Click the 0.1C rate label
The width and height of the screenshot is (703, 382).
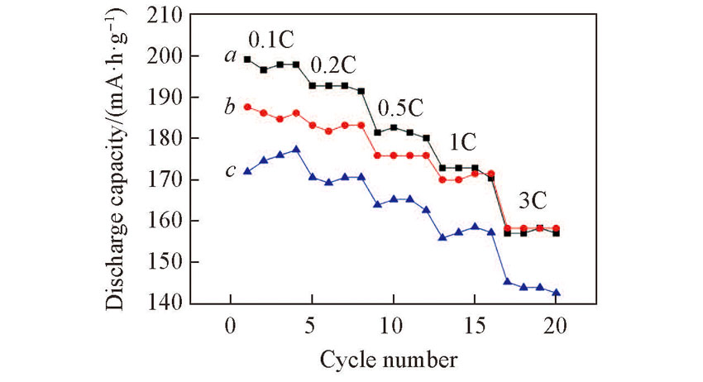click(x=271, y=41)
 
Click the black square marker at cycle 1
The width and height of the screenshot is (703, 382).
click(x=247, y=60)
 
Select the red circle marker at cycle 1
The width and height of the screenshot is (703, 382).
click(x=247, y=107)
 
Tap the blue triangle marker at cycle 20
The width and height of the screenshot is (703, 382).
click(x=556, y=293)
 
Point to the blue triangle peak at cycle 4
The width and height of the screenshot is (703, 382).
click(x=296, y=150)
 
